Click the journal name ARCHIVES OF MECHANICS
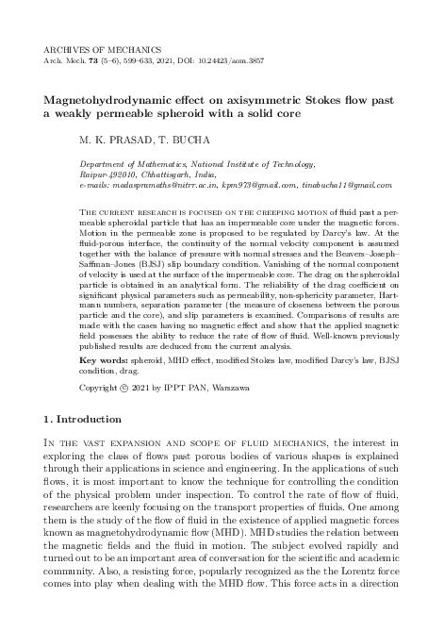(103, 48)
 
